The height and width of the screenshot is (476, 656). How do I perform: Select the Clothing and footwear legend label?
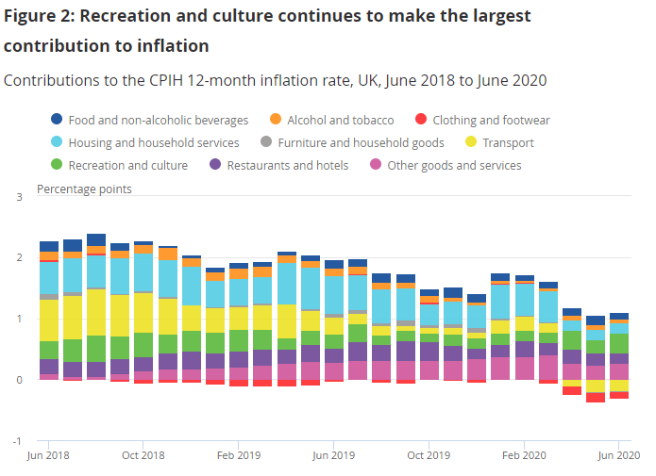(491, 120)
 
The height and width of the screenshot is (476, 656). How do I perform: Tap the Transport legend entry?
(507, 142)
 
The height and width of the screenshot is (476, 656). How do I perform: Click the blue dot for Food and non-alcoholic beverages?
(57, 120)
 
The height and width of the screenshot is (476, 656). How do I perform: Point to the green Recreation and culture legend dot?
(57, 165)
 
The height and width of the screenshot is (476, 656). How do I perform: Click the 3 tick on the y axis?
(20, 196)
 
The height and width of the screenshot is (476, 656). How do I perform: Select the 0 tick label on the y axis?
(20, 380)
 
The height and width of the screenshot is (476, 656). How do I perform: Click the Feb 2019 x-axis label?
(240, 454)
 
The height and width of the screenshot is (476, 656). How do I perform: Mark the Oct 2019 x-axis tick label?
(429, 454)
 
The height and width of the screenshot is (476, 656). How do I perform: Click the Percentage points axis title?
(84, 189)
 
